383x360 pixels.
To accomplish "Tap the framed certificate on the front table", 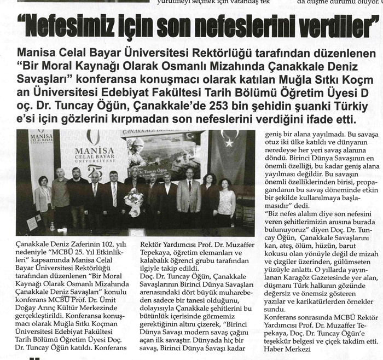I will coord(33,223).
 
